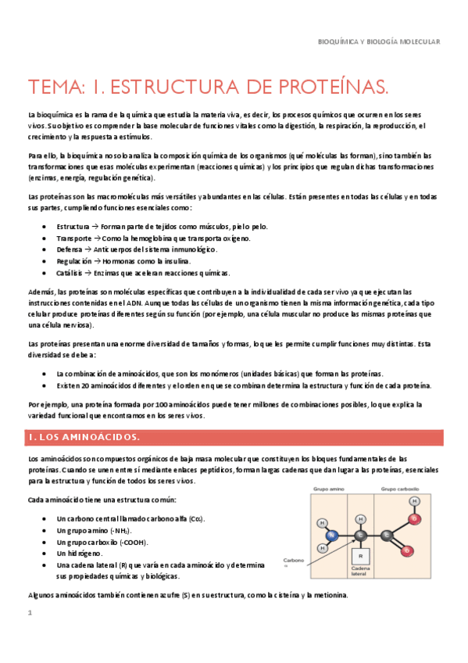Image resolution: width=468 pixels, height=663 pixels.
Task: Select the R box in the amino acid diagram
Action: coord(361,556)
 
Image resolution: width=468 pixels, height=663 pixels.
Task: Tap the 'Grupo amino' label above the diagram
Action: coord(329,488)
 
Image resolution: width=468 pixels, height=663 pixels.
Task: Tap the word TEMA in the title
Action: coord(55,84)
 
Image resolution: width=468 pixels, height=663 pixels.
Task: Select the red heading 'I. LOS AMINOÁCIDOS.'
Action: coord(84,436)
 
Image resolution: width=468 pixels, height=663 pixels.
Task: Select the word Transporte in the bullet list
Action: coord(74,238)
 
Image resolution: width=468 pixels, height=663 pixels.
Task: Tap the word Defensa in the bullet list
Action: coord(70,249)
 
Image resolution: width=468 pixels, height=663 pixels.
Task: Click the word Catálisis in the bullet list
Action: coord(72,273)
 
